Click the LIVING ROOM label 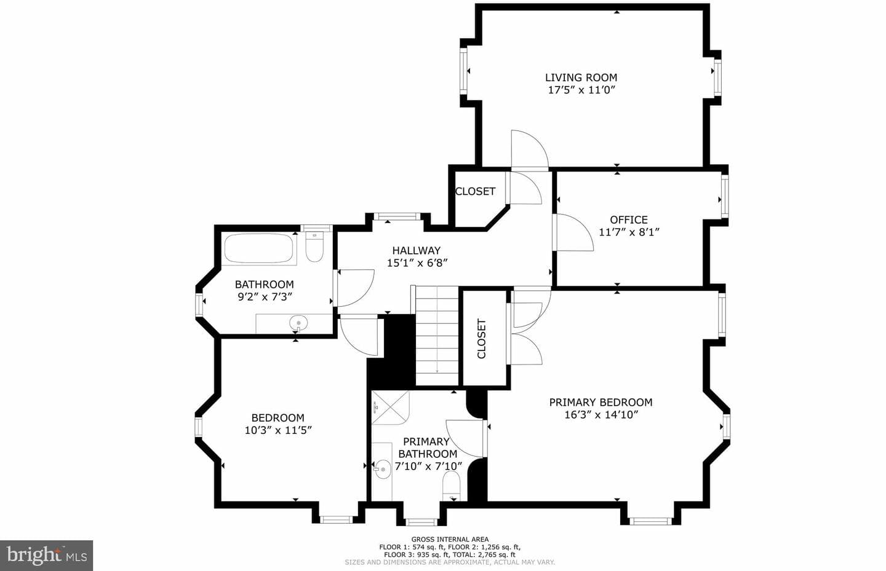click(581, 77)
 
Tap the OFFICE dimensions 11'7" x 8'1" click(629, 232)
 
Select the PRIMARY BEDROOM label click(601, 402)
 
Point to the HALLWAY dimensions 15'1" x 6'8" click(417, 263)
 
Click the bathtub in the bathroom click(260, 249)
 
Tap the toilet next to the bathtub click(315, 246)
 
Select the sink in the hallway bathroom click(298, 323)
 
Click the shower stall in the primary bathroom click(390, 408)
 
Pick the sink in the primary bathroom click(383, 468)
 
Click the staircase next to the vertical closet click(437, 336)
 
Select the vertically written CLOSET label click(481, 339)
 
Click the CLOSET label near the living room click(475, 191)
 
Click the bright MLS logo click(46, 556)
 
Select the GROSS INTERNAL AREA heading click(450, 540)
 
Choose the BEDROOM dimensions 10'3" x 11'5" click(278, 430)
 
